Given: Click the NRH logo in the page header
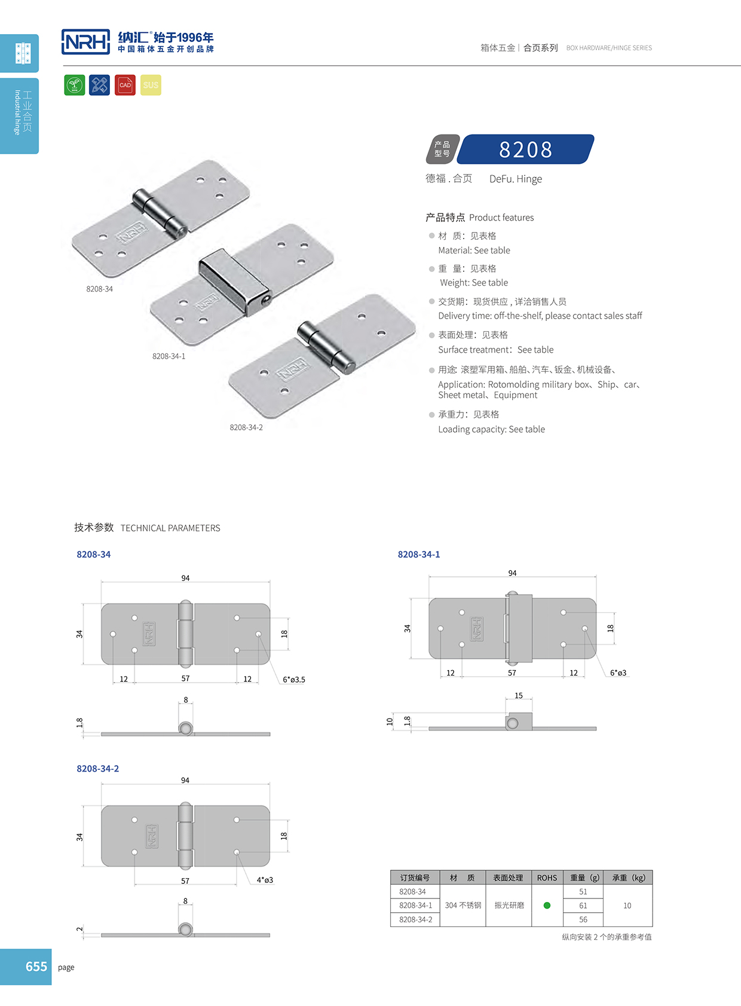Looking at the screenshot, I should pos(86,42).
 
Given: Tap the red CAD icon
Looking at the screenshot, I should pos(125,85).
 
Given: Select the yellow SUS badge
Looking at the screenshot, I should pos(151,85).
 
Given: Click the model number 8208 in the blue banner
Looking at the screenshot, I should pos(526,149).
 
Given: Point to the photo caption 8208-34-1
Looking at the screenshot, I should pos(169,356).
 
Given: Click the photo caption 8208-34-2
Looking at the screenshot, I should pos(246,427).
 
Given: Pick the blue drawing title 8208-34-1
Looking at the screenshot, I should pos(419,555).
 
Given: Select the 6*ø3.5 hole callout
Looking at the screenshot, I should pos(294,680).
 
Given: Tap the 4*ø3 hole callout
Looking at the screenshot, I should pos(265,880).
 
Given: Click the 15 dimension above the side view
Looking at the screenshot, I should pos(519,696).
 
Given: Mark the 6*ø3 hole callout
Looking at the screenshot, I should pos(618,673).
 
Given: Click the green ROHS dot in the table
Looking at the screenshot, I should pos(547,906).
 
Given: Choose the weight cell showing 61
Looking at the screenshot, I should pos(583,906).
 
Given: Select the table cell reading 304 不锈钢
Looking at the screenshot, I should pos(463,906).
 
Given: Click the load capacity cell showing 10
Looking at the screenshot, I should pos(627,906).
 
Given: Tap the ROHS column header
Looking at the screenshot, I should pos(547,878).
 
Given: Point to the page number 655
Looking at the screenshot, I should pos(36,967).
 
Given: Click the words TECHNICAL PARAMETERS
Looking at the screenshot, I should pos(170,528).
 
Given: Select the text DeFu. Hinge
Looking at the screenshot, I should pos(516,179).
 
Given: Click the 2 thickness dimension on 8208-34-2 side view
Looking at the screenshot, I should pos(79,929).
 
